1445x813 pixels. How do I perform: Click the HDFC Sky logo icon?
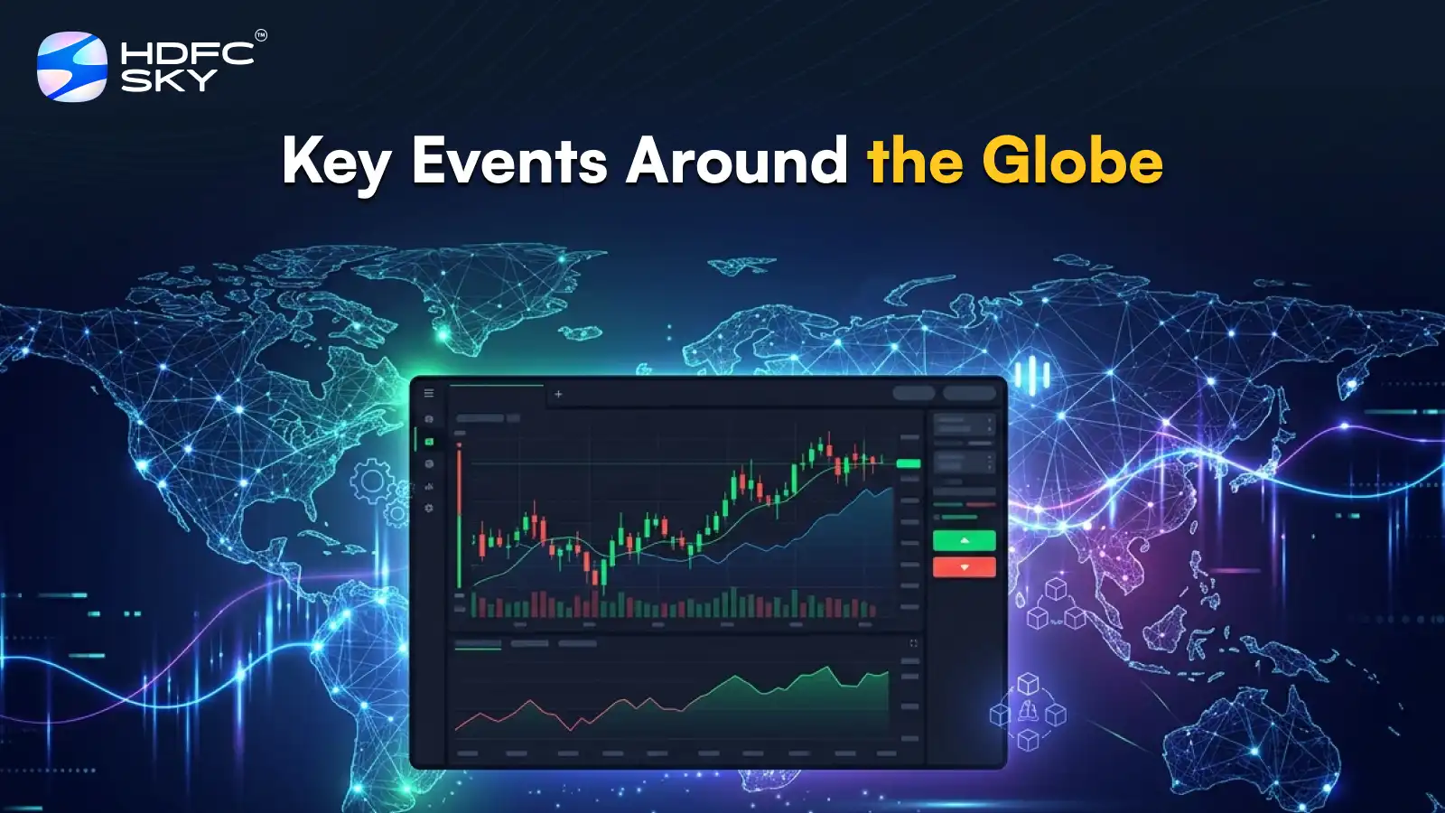pyautogui.click(x=71, y=67)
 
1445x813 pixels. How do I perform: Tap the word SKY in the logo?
pyautogui.click(x=169, y=81)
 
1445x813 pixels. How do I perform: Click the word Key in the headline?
pyautogui.click(x=336, y=163)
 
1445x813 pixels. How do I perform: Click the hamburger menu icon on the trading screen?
pyautogui.click(x=429, y=394)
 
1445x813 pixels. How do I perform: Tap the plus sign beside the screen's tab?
pyautogui.click(x=558, y=394)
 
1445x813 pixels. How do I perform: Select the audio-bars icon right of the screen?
pyautogui.click(x=1031, y=373)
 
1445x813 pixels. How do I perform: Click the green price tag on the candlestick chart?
pyautogui.click(x=908, y=463)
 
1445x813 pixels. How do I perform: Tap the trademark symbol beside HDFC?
pyautogui.click(x=261, y=36)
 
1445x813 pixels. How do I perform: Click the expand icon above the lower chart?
pyautogui.click(x=913, y=643)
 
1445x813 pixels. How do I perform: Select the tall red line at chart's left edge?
pyautogui.click(x=459, y=515)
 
